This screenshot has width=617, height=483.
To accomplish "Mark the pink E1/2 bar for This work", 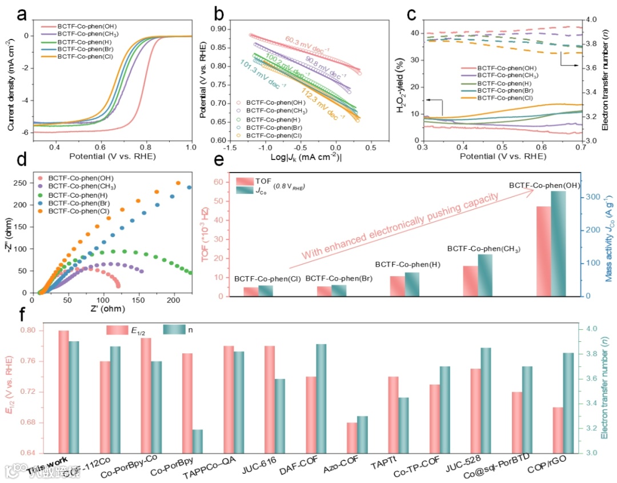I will (63, 392).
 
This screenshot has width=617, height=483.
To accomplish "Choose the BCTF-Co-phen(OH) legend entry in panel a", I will (91, 26).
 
